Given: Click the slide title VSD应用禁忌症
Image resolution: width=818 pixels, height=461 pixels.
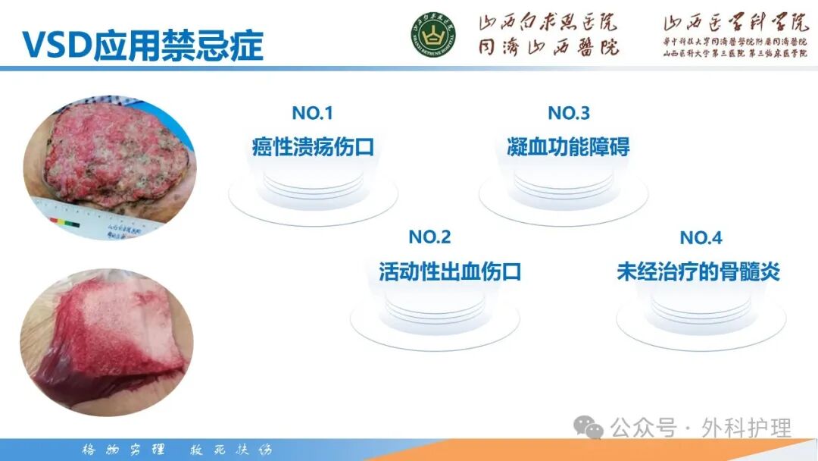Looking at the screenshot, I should tap(142, 45).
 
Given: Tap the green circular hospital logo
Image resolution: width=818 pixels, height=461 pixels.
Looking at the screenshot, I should tap(434, 35).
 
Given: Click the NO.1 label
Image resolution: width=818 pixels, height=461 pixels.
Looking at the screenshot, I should tap(312, 114).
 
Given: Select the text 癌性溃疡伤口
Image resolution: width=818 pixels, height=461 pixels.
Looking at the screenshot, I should tap(313, 146).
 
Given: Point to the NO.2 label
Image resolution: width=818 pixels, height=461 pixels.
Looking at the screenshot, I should tap(429, 237).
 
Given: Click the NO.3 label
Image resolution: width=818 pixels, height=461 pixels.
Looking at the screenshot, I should tap(569, 114).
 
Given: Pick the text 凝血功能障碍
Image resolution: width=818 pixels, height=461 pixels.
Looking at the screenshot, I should tap(568, 146).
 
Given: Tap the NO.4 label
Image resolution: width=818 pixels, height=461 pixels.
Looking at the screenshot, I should tap(701, 237).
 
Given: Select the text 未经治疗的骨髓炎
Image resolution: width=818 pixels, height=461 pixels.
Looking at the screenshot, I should tap(698, 271).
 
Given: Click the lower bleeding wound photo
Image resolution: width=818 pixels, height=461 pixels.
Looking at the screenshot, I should tap(106, 345).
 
